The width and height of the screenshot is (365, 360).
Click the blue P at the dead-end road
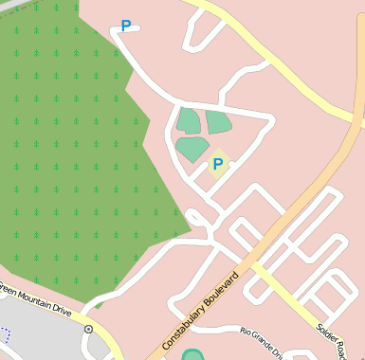[x=125, y=27]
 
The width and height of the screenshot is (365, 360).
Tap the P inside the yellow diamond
[x=218, y=165]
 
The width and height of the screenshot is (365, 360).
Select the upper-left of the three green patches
[x=188, y=120]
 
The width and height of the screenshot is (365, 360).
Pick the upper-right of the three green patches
[x=219, y=122]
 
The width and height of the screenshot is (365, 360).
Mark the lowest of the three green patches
[x=192, y=149]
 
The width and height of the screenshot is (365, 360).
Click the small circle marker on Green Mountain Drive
[x=88, y=329]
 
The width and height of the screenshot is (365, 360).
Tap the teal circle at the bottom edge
[x=192, y=356]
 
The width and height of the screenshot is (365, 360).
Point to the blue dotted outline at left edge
[x=4, y=334]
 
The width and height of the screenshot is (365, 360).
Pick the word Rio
[x=246, y=332]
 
